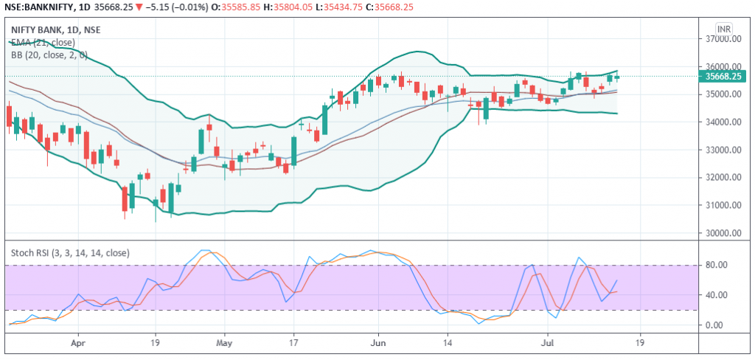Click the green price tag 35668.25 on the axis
pos(723,76)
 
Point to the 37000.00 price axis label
pos(722,39)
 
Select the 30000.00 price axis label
pos(722,233)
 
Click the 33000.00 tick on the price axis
pos(722,150)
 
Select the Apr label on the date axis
pos(79,343)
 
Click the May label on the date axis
pos(225,343)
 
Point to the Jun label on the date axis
pos(378,343)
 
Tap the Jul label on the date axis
pos(546,343)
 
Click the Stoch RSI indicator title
pos(70,253)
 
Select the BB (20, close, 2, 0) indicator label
pos(49,55)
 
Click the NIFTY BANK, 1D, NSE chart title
pos(56,30)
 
